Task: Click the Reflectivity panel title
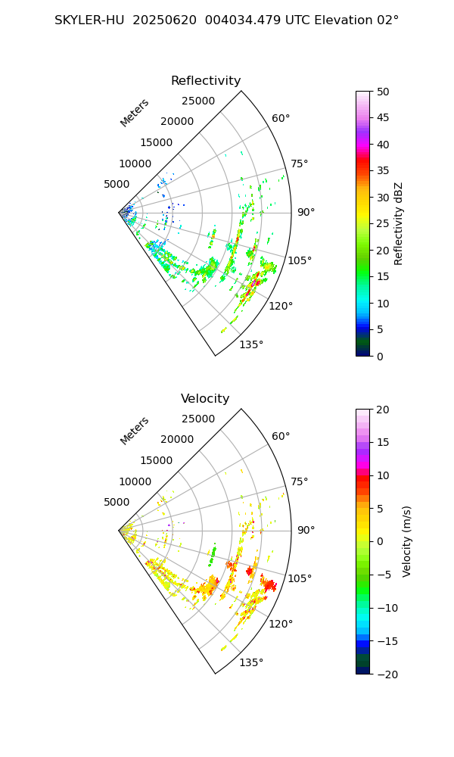point(206,81)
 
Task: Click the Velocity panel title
point(205,399)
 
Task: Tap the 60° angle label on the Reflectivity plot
point(281,119)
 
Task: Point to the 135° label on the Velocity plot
point(251,662)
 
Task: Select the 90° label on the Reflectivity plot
point(306,213)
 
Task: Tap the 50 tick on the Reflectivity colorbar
point(384,92)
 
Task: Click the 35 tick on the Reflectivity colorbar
point(384,171)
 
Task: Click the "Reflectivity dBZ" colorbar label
point(399,223)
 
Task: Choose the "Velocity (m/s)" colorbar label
point(407,541)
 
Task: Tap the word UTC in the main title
point(300,20)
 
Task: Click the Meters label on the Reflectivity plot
point(135,113)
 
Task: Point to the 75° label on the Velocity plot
point(300,481)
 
